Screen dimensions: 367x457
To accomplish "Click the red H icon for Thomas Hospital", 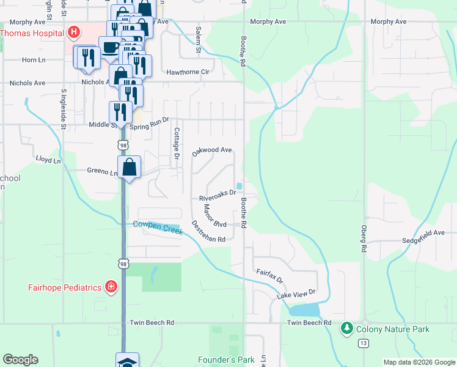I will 73,32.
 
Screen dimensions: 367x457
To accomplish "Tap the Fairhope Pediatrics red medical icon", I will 111,287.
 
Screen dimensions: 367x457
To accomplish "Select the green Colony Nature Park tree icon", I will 347,329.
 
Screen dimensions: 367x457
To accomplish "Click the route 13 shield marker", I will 364,344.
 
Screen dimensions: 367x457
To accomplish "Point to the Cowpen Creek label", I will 158,226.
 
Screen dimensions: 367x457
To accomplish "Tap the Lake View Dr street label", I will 296,295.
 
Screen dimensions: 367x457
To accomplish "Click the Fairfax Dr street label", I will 269,276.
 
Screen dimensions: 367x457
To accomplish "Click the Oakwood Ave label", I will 212,150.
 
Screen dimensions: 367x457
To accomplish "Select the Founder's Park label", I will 226,360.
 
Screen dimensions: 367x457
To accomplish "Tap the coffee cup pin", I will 110,48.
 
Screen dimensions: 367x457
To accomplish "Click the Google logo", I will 20,360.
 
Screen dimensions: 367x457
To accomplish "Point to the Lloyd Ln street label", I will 49,161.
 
